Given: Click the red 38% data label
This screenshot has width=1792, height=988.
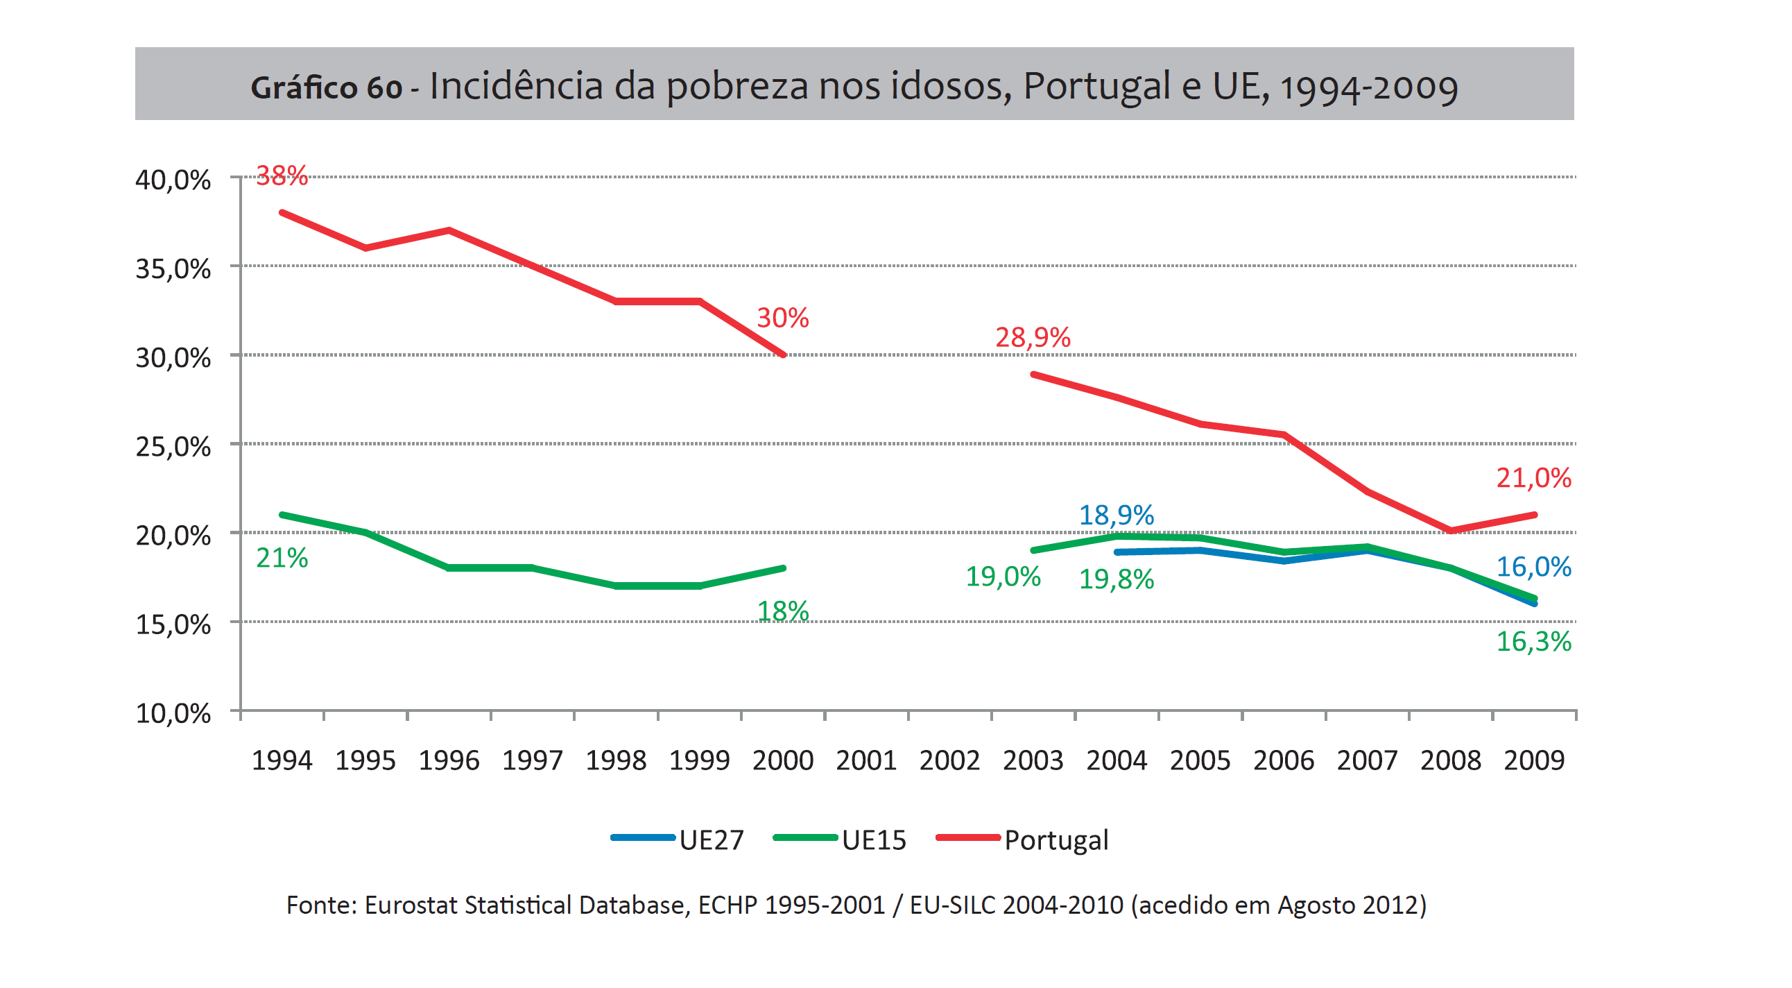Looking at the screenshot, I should click(x=282, y=176).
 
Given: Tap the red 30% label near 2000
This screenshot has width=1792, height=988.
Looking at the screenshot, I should click(x=782, y=318).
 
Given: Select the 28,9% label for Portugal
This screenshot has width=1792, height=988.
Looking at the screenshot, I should click(x=1033, y=337).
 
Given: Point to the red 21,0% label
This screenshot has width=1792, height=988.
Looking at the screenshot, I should click(x=1533, y=478).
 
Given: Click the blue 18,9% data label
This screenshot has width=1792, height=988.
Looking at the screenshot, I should click(x=1116, y=516).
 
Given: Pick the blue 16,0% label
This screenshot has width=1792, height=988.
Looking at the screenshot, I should click(x=1533, y=567).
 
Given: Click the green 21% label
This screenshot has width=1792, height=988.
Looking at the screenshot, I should click(x=282, y=558).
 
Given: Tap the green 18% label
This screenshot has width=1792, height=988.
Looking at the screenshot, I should click(x=782, y=611).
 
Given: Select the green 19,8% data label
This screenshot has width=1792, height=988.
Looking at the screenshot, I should click(x=1116, y=579).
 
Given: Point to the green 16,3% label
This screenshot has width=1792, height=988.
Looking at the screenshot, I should click(x=1533, y=642).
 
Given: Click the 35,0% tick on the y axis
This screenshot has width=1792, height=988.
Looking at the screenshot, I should click(x=173, y=269).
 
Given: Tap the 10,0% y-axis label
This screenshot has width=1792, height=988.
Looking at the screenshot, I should click(x=173, y=713).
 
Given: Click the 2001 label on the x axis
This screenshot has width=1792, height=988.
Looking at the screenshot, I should click(x=866, y=760).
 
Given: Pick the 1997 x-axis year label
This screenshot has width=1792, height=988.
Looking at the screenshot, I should click(x=532, y=760).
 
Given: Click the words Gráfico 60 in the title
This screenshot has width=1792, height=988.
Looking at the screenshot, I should click(x=326, y=88).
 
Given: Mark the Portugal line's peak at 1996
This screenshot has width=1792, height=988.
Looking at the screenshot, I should click(x=449, y=230).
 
